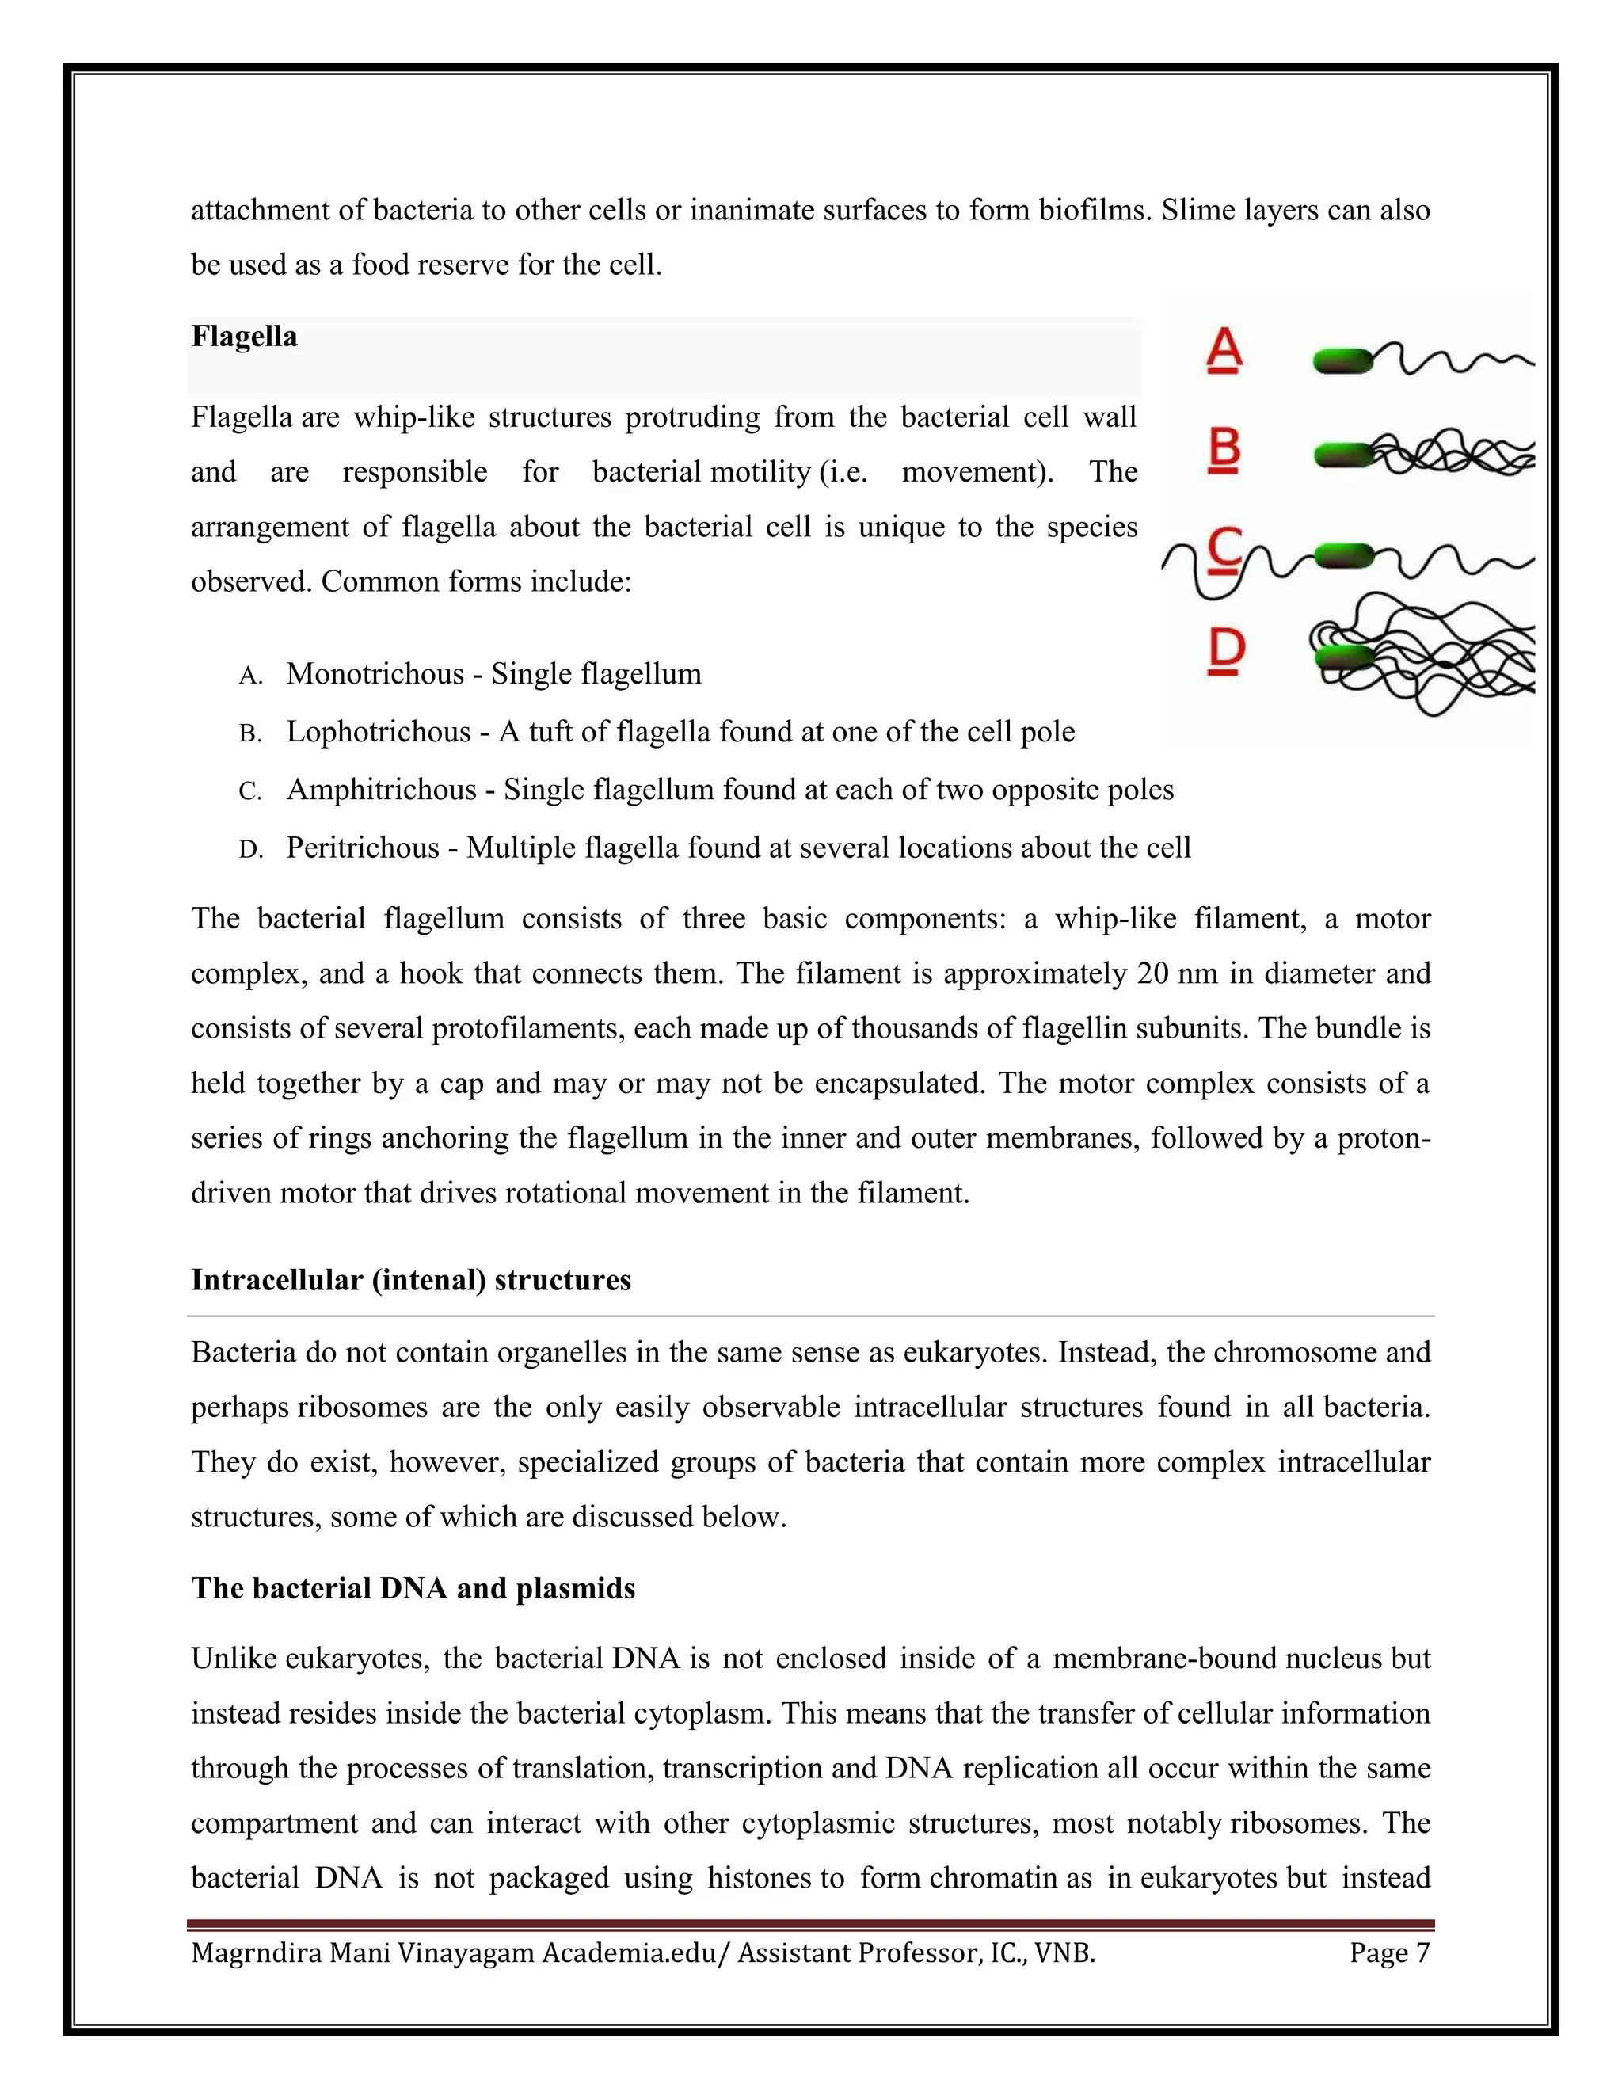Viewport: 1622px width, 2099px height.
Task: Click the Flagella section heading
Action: pyautogui.click(x=244, y=337)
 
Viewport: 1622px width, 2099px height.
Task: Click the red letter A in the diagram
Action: pyautogui.click(x=1223, y=350)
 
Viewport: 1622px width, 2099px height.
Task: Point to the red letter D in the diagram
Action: pyautogui.click(x=1225, y=650)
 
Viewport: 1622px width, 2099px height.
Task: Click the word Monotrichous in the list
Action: pyautogui.click(x=375, y=674)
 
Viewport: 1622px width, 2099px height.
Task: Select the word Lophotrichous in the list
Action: pyautogui.click(x=379, y=733)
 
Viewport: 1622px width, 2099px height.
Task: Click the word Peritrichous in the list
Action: pyautogui.click(x=362, y=848)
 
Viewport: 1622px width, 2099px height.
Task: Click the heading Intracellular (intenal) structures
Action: pyautogui.click(x=411, y=1280)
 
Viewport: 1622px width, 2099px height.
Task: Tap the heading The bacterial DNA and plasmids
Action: pyautogui.click(x=413, y=1587)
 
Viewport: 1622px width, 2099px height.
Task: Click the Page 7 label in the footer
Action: pyautogui.click(x=1389, y=1954)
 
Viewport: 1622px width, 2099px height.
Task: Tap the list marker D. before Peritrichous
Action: pyautogui.click(x=249, y=850)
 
